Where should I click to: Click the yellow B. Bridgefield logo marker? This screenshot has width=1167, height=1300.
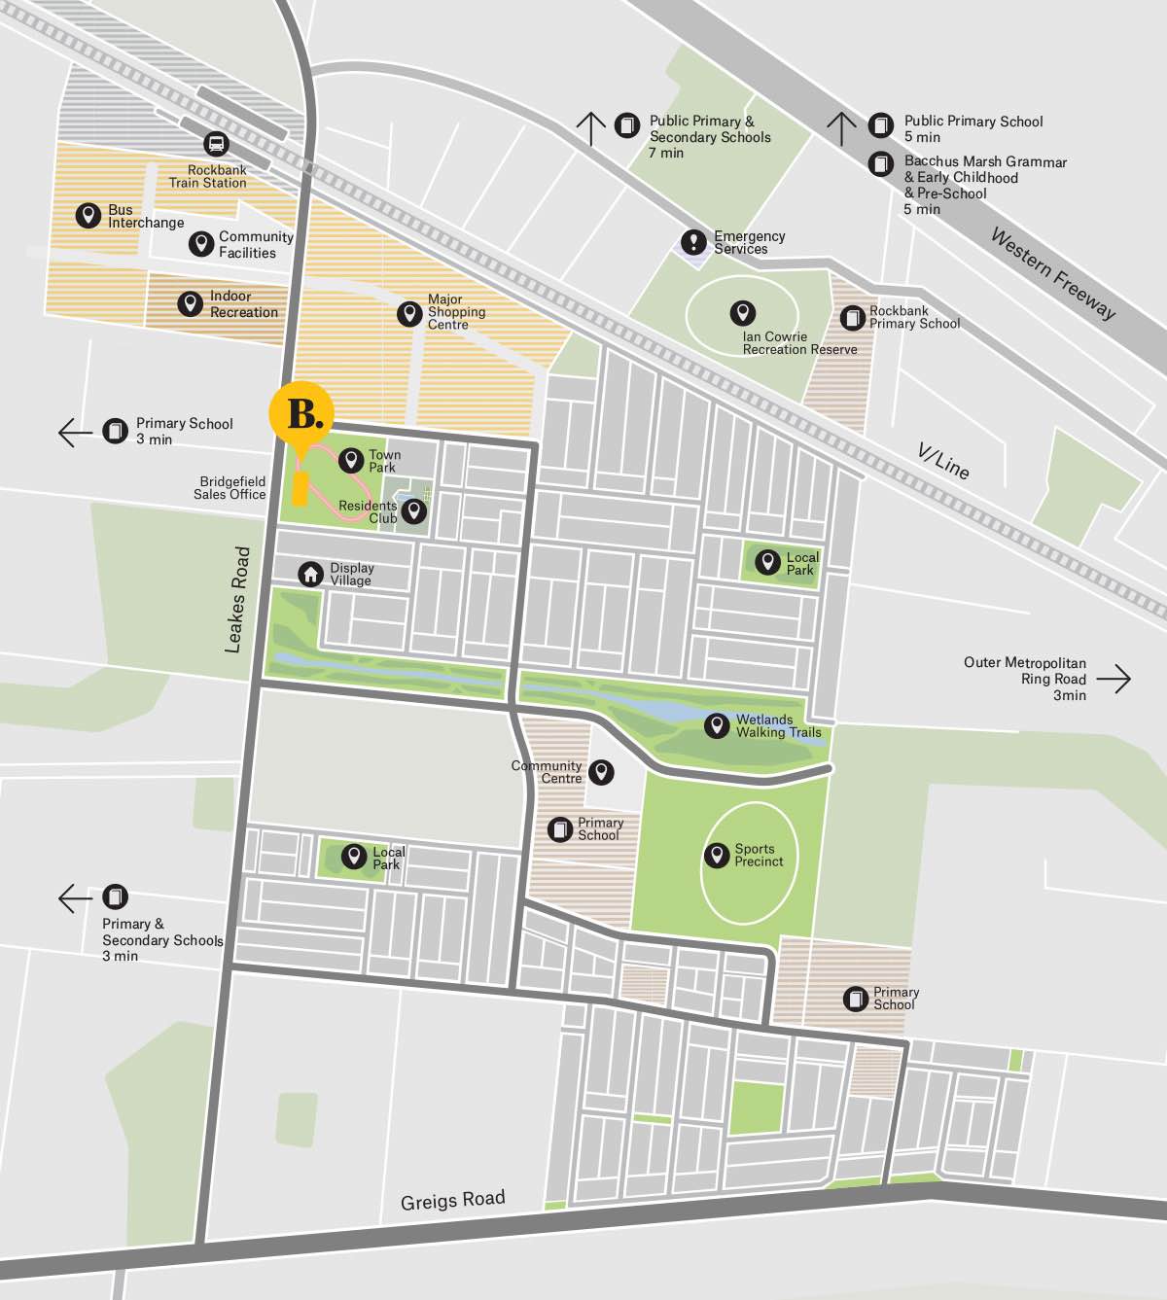(x=301, y=414)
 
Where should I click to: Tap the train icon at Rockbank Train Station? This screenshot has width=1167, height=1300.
(x=216, y=145)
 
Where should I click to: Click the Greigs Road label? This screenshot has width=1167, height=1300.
(x=452, y=1200)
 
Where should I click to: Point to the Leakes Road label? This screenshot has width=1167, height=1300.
(x=237, y=599)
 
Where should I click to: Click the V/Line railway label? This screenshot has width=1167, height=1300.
(x=944, y=461)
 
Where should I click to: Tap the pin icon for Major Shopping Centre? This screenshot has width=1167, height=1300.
(x=409, y=313)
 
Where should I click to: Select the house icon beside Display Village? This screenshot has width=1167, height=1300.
(x=310, y=575)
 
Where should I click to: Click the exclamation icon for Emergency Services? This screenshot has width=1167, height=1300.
(x=693, y=241)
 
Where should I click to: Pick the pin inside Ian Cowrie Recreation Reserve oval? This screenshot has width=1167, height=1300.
(x=743, y=313)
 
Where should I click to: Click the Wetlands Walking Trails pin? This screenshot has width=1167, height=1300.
(x=717, y=725)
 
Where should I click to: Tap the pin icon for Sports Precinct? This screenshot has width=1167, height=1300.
(x=717, y=855)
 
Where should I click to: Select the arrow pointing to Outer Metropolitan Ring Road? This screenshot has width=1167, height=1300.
(x=1120, y=678)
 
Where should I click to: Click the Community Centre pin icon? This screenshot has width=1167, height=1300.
(x=602, y=772)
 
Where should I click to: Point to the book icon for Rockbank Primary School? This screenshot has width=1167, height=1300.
(x=853, y=318)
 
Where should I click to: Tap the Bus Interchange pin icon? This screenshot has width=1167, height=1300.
(x=88, y=216)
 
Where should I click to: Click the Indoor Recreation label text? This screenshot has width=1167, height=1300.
(x=243, y=304)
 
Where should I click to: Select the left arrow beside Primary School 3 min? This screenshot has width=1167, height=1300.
(x=75, y=432)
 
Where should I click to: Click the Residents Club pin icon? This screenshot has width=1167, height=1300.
(x=413, y=511)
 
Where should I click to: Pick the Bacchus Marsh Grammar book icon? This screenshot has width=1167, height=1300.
(x=881, y=163)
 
